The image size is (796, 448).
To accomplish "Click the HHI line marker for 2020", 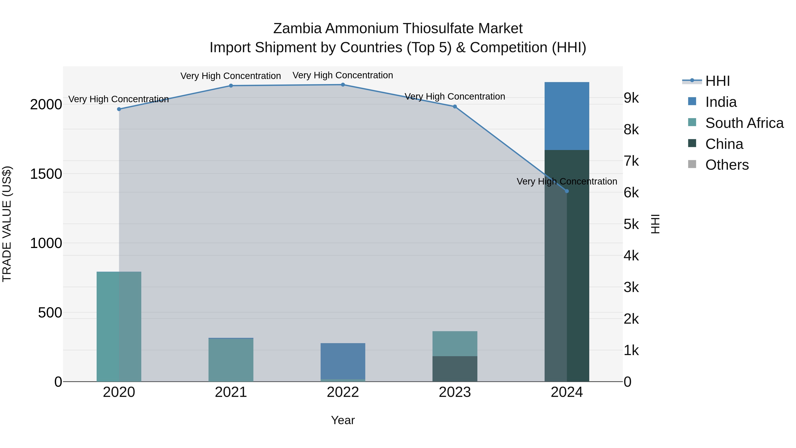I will (x=119, y=109).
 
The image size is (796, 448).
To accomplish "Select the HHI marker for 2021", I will (x=231, y=86).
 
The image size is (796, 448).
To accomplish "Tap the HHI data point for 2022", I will (x=343, y=85).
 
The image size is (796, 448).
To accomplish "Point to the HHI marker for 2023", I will (x=455, y=107).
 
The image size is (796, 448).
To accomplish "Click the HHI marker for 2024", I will (x=567, y=191).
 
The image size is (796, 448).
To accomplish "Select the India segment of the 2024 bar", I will (x=567, y=116).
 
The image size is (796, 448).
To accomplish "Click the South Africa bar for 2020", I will (x=119, y=326).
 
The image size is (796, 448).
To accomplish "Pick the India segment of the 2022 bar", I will (x=343, y=361).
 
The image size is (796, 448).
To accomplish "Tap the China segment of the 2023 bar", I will (x=455, y=369).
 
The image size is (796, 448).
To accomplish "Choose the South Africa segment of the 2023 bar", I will (x=455, y=344).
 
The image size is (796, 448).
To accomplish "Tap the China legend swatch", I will (x=692, y=143).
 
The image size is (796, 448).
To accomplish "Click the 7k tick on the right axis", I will (x=631, y=161).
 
